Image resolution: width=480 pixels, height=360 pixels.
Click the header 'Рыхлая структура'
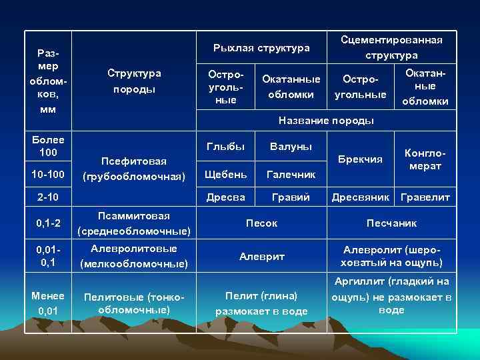tap(261, 48)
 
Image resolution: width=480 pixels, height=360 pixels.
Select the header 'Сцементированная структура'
tap(391, 47)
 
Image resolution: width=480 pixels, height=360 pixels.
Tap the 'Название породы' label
tap(326, 121)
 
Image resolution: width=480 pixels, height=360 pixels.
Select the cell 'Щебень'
tap(226, 174)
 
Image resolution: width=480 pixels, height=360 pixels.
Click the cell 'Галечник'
tap(291, 174)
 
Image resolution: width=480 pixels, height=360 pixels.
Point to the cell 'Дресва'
tap(226, 197)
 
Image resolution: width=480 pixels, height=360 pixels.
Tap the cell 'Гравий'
tap(291, 197)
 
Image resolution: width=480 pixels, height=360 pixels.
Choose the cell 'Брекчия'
tap(360, 159)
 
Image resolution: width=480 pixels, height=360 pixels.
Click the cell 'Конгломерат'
tap(425, 159)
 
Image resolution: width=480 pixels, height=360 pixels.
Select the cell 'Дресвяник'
tap(360, 197)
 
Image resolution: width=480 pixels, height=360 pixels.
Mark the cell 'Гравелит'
tap(425, 197)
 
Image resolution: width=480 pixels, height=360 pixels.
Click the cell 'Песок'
tap(261, 223)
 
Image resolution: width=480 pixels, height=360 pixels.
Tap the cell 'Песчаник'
tap(391, 223)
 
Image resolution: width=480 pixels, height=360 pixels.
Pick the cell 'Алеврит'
tap(261, 256)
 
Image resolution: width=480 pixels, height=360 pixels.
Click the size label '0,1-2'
tap(48, 223)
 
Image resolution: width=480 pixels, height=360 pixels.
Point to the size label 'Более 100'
tap(48, 146)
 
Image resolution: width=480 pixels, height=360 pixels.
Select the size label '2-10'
tap(48, 197)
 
